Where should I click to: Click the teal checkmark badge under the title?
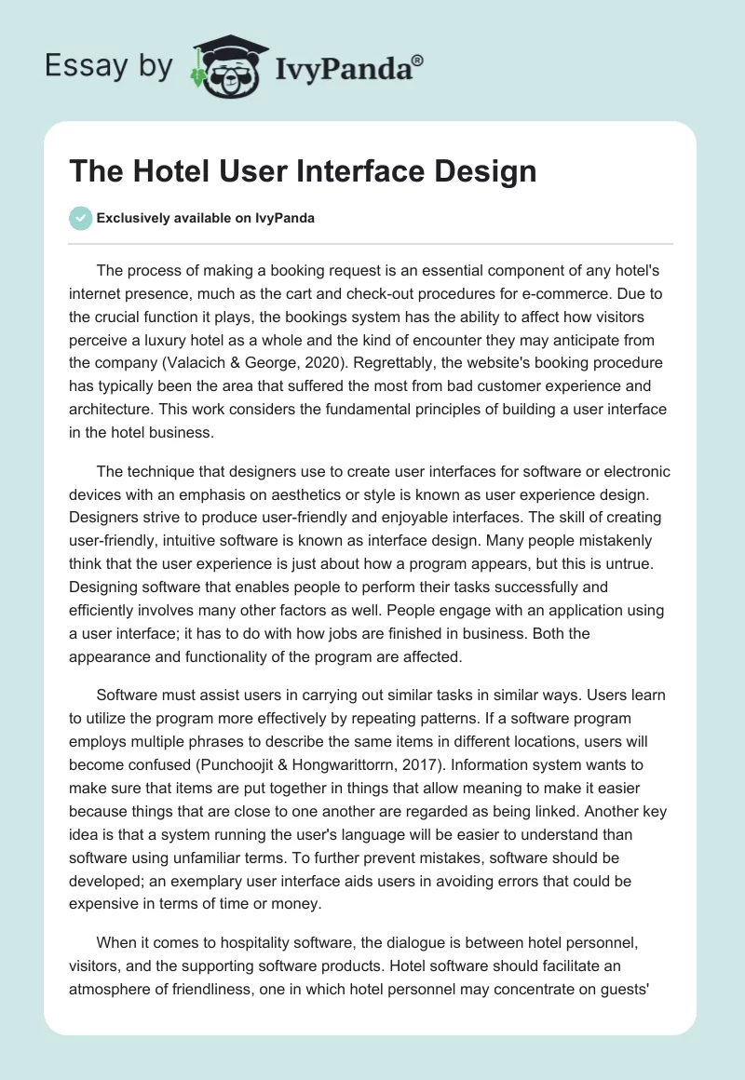pyautogui.click(x=80, y=218)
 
